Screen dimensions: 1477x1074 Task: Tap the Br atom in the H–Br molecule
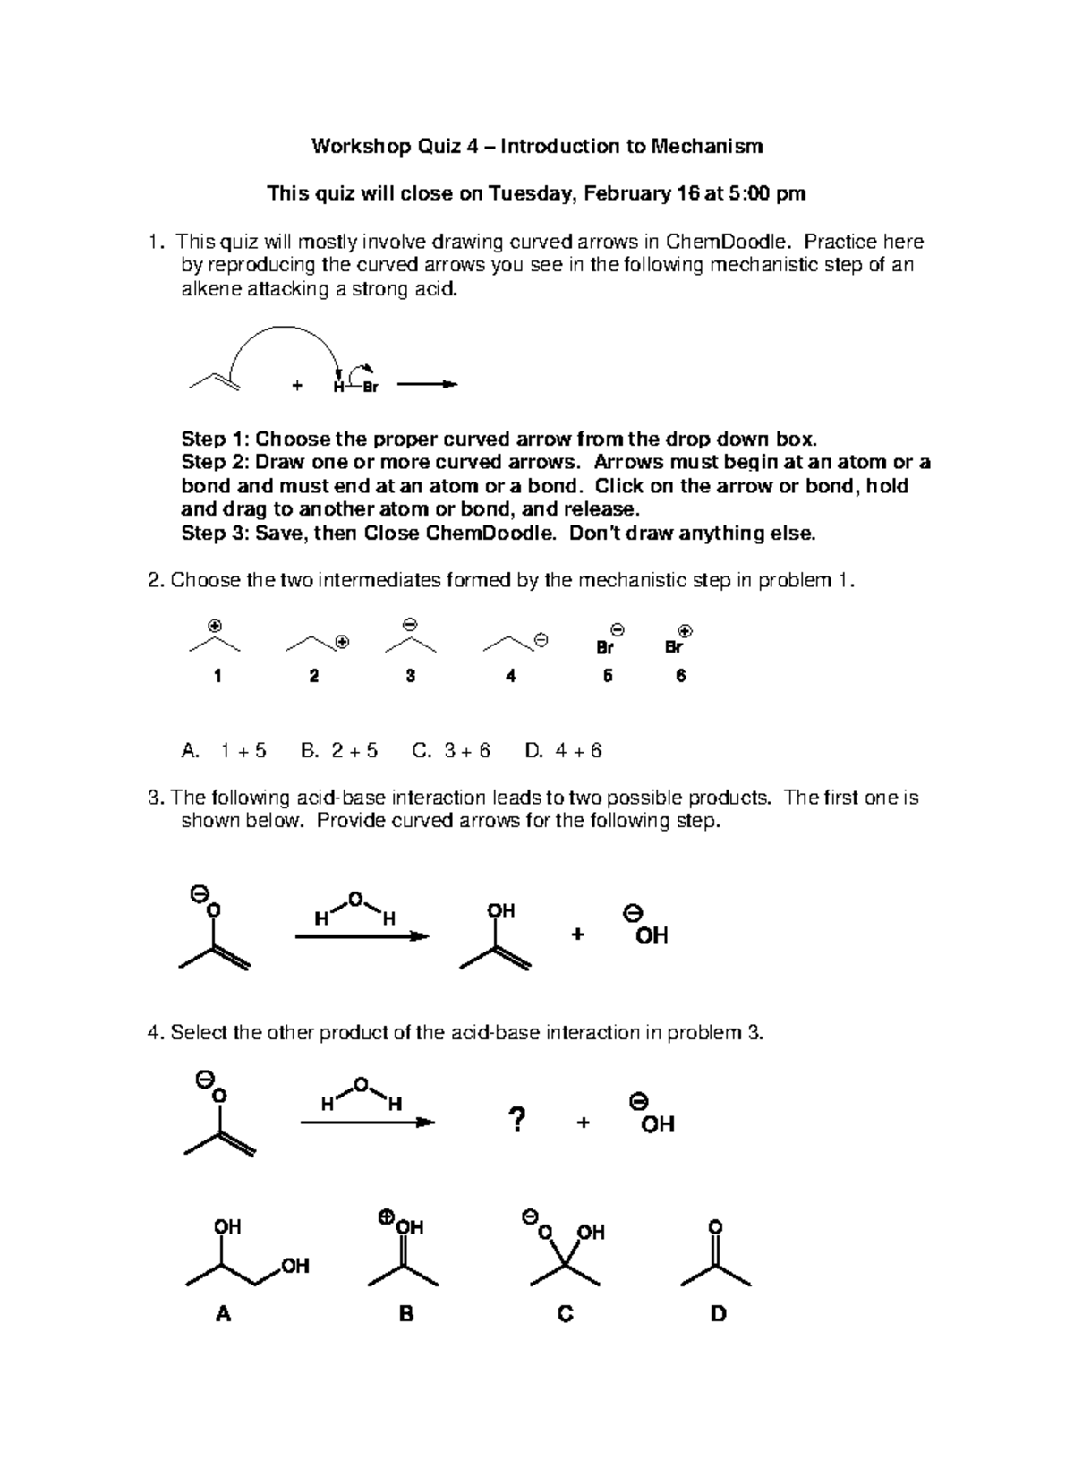(x=371, y=388)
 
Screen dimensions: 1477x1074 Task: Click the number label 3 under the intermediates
(x=410, y=677)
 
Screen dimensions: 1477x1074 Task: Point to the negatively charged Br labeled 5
(x=606, y=647)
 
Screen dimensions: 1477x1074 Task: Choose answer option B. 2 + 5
(x=339, y=750)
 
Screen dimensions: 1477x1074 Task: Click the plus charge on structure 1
(x=214, y=625)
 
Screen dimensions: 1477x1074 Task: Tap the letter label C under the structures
(x=565, y=1314)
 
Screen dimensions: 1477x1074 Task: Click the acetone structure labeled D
(x=715, y=1262)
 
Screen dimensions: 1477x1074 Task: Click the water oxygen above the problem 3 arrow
(x=354, y=898)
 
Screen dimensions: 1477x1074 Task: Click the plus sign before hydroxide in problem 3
(x=577, y=935)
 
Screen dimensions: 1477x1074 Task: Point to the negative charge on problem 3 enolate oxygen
(x=200, y=893)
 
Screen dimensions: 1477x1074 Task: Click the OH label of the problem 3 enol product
(x=500, y=910)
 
